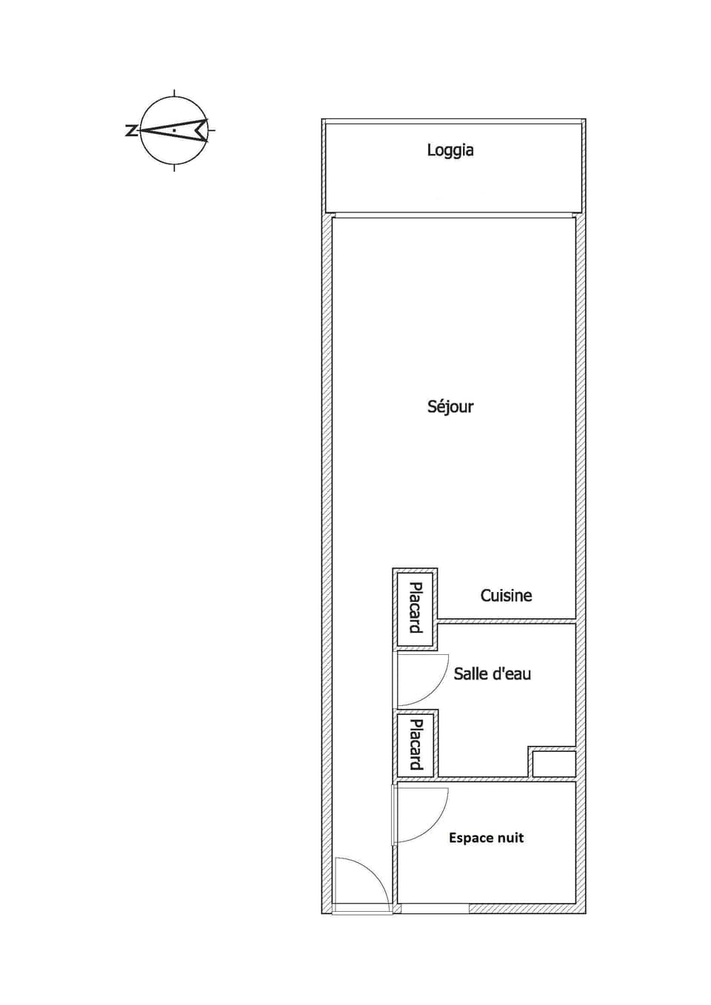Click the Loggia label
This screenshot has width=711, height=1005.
450,150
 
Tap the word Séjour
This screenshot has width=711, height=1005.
450,406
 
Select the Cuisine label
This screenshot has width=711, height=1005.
506,596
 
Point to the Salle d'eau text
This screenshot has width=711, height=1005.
492,673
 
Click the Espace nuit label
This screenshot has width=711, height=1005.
486,838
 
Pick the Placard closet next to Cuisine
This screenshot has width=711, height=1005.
415,608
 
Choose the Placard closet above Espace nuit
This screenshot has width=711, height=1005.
415,744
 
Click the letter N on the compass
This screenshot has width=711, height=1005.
131,130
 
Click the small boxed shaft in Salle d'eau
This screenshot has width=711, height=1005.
554,764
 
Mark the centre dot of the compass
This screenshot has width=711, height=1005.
174,130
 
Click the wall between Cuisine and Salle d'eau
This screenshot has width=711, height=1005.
507,620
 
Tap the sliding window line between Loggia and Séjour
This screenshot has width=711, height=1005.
453,215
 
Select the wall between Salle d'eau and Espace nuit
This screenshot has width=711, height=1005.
484,779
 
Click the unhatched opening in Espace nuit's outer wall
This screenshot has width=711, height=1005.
434,908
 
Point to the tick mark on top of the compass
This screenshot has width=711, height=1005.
174,93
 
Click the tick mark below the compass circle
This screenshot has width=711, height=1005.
174,167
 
